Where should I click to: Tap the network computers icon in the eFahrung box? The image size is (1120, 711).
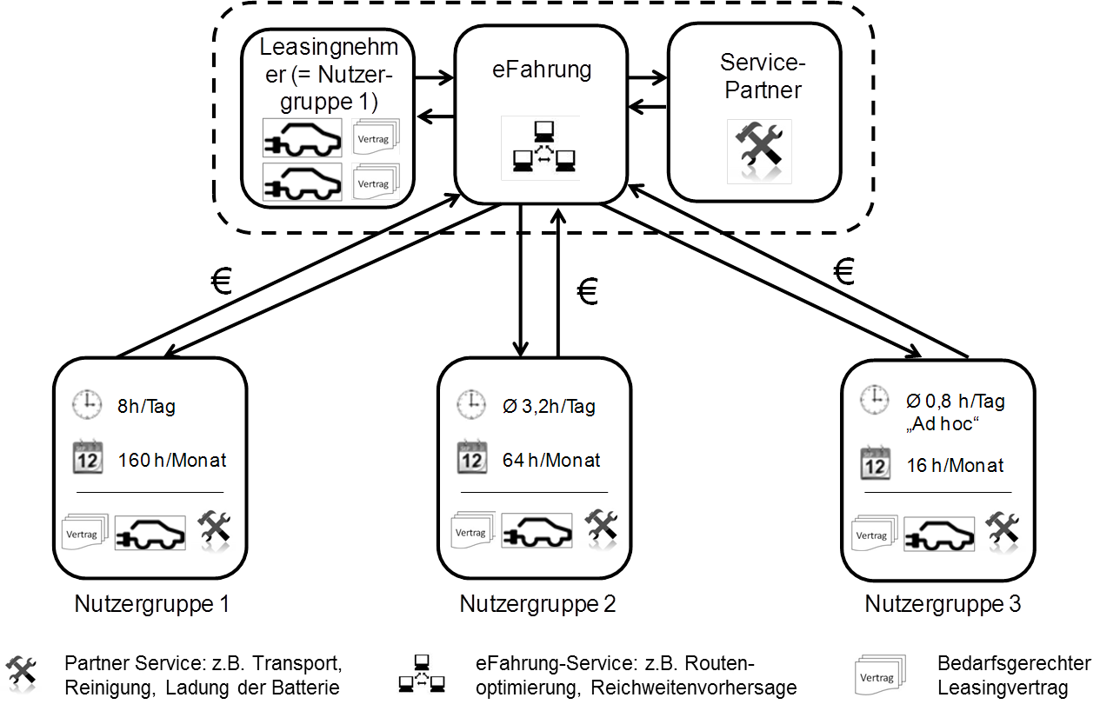pyautogui.click(x=540, y=148)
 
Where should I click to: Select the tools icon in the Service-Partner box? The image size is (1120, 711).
pyautogui.click(x=758, y=151)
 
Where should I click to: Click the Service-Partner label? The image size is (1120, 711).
pyautogui.click(x=762, y=76)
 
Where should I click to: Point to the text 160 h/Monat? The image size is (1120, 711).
pyautogui.click(x=172, y=461)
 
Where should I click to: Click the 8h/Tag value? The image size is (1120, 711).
pyautogui.click(x=147, y=406)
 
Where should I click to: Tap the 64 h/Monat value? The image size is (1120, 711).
pyautogui.click(x=551, y=461)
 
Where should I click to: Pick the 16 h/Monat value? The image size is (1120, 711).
pyautogui.click(x=955, y=466)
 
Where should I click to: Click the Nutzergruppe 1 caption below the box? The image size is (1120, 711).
pyautogui.click(x=152, y=603)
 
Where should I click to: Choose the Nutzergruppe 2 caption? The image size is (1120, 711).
pyautogui.click(x=537, y=603)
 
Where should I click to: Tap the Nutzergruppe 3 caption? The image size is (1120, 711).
pyautogui.click(x=943, y=603)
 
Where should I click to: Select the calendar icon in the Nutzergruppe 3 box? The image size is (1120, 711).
pyautogui.click(x=875, y=464)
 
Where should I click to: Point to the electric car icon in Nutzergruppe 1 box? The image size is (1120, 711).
pyautogui.click(x=150, y=531)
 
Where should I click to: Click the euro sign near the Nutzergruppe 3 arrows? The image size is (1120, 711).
pyautogui.click(x=843, y=271)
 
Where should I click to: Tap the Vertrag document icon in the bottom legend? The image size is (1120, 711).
pyautogui.click(x=878, y=676)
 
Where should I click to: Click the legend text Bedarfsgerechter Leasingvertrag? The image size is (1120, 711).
pyautogui.click(x=1013, y=676)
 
